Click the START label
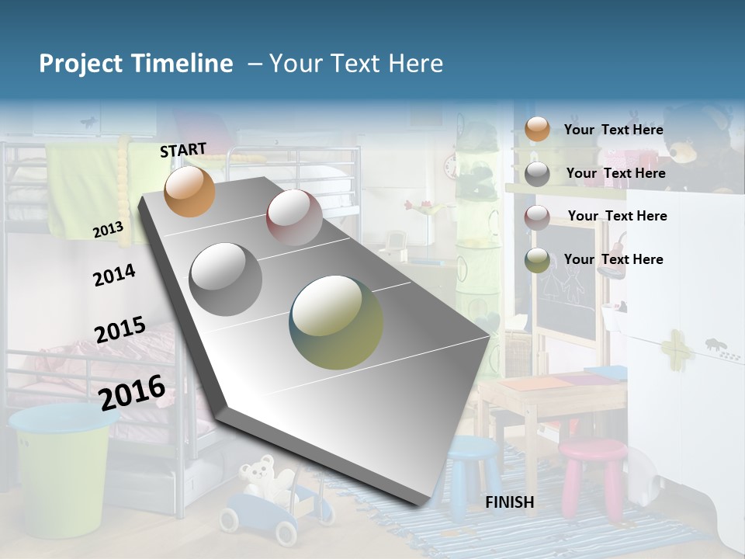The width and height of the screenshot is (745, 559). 183,150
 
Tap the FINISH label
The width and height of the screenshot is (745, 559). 509,502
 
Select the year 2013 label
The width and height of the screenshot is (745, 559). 108,229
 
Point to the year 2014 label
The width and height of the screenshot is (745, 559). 114,275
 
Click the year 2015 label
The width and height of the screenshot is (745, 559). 120,330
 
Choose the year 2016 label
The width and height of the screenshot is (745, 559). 132,391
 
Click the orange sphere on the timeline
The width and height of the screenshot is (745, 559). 189,192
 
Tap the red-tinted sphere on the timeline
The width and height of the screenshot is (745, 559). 294,217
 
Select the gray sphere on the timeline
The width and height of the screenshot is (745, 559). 226,279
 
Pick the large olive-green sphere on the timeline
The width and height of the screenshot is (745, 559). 336,322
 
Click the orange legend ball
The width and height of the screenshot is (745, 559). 537,129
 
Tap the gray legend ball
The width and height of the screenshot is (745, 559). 537,174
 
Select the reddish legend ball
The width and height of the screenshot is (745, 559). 537,217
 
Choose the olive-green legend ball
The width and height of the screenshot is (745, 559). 537,260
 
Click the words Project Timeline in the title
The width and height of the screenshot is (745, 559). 136,64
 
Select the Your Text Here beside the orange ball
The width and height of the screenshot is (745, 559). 613,130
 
